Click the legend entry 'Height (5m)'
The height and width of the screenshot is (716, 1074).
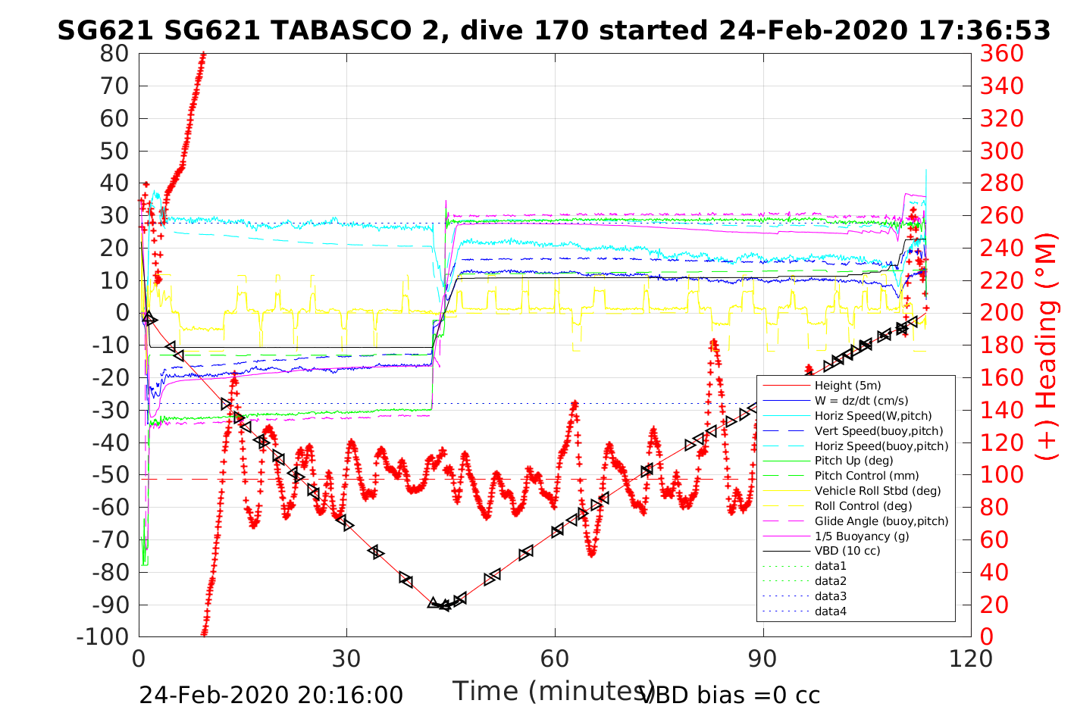[x=847, y=386]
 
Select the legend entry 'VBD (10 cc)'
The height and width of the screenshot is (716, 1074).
[x=847, y=551]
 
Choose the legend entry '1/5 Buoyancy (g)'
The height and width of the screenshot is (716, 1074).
[x=862, y=536]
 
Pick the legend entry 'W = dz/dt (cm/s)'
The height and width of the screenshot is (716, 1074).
[x=861, y=401]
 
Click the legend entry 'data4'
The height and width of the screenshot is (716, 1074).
[x=830, y=611]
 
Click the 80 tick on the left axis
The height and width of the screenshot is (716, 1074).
[x=114, y=54]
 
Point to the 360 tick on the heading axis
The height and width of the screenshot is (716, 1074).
[x=1002, y=54]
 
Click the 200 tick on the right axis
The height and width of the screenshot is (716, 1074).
[x=1002, y=313]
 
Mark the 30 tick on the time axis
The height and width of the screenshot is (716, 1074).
[x=346, y=658]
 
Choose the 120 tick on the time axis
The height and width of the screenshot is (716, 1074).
[x=971, y=658]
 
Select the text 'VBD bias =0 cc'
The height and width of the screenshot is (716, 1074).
[x=731, y=694]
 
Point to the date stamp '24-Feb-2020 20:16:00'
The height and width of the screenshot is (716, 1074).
[x=271, y=694]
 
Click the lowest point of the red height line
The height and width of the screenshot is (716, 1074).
[x=445, y=605]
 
